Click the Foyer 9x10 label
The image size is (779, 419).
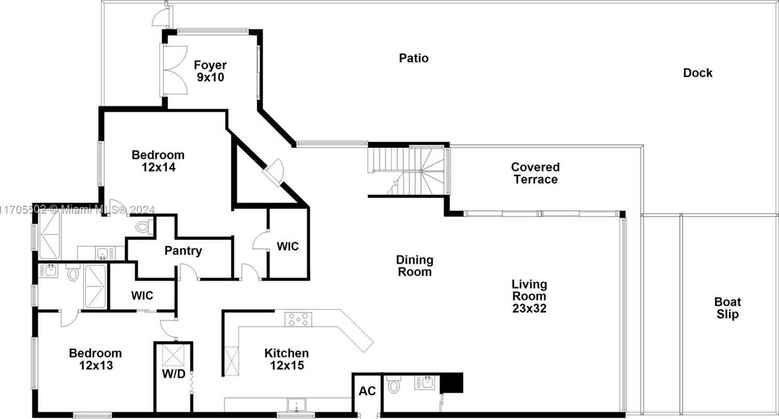[x=210, y=71]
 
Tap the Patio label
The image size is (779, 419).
[x=414, y=58]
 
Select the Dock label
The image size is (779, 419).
[x=698, y=73]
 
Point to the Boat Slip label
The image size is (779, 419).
[x=728, y=308]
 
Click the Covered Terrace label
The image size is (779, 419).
[x=536, y=173]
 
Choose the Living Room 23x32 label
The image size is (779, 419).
[x=529, y=296]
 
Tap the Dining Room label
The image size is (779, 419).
[x=415, y=266]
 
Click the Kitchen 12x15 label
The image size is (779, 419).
[x=287, y=359]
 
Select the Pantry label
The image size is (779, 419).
[x=183, y=251]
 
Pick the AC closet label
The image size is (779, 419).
[x=367, y=391]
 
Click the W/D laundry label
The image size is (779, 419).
[x=174, y=374]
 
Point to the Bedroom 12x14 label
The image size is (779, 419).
[x=158, y=161]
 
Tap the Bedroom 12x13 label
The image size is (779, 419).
[x=95, y=359]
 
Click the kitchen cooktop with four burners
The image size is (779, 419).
[x=298, y=319]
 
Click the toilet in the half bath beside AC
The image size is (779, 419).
[x=393, y=384]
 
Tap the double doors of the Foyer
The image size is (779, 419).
[x=174, y=70]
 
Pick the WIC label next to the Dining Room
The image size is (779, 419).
[x=288, y=246]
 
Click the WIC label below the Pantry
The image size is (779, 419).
[x=142, y=296]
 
